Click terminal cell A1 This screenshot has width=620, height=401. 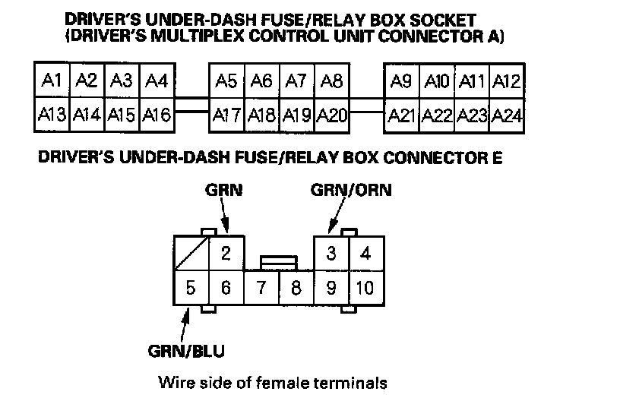(52, 81)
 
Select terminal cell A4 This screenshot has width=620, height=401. (157, 81)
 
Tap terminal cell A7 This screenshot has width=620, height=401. (296, 81)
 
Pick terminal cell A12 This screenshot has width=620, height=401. (505, 81)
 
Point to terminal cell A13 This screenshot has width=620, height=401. (52, 115)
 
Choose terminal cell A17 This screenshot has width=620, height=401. (226, 115)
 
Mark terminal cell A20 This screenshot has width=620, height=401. (332, 115)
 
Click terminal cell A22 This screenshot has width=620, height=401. (437, 115)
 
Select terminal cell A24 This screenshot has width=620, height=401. (506, 115)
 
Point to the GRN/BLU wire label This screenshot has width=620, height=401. (186, 351)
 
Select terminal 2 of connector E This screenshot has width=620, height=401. (226, 254)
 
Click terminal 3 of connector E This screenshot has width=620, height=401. (331, 254)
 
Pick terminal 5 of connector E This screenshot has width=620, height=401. (190, 289)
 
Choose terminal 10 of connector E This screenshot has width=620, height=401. (365, 289)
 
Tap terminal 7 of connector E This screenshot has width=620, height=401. (261, 289)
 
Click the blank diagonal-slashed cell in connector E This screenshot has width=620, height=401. (190, 254)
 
